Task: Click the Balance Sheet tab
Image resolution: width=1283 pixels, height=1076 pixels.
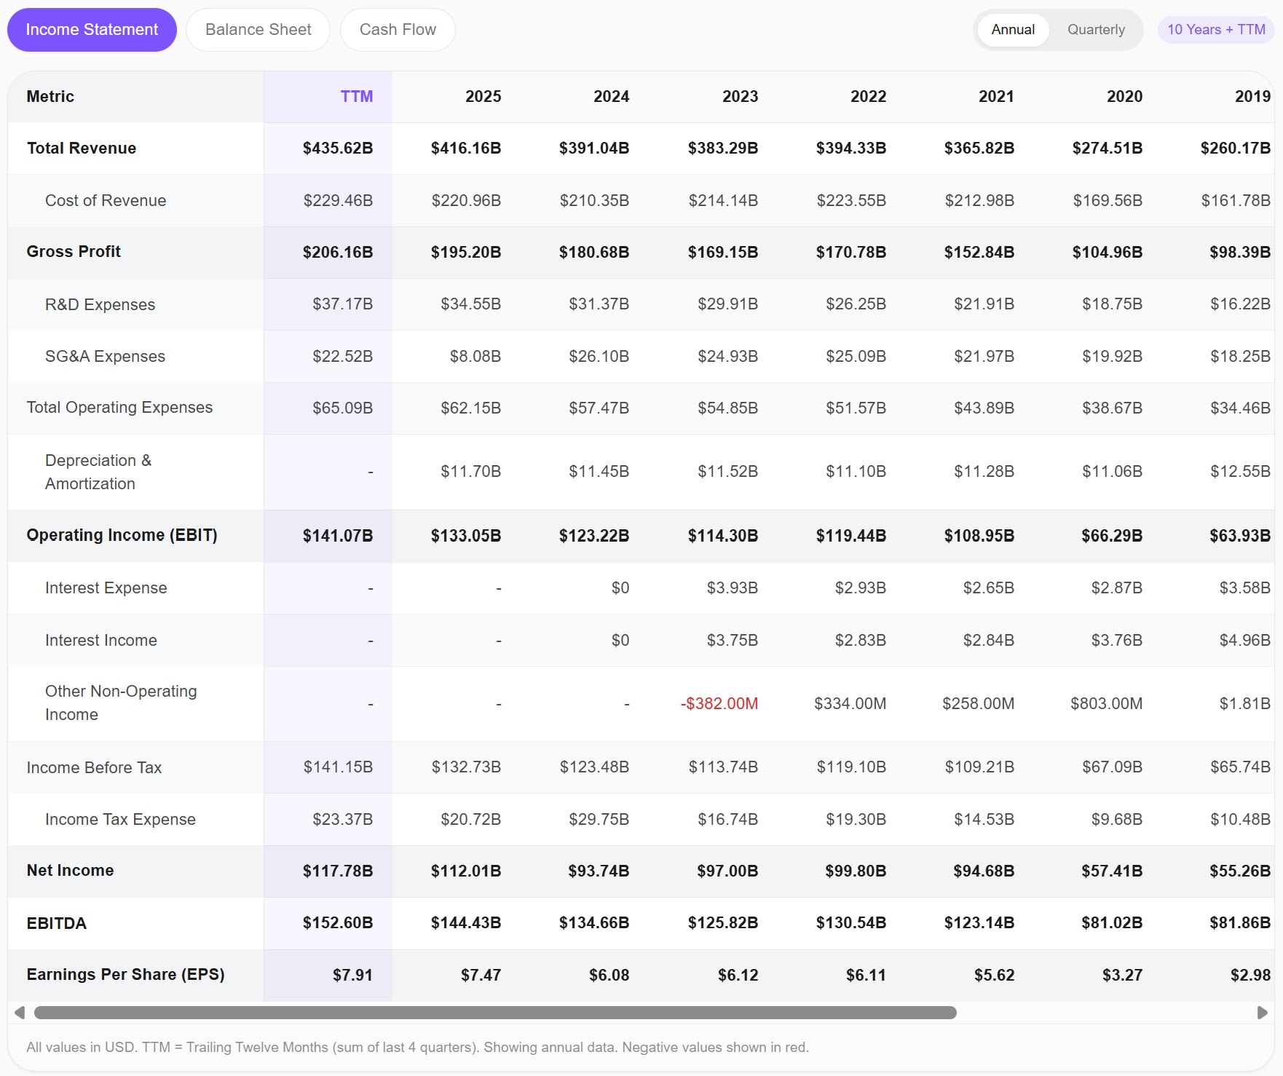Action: pos(258,30)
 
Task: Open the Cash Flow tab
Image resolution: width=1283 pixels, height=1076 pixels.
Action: pos(398,30)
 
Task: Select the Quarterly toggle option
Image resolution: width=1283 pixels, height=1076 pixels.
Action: pos(1095,30)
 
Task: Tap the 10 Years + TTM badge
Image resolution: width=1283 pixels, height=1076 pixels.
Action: pos(1215,30)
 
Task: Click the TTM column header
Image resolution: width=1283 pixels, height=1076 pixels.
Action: pos(356,97)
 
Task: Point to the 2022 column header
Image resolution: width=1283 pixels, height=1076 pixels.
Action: pos(868,97)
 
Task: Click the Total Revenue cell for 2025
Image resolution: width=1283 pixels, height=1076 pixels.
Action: pos(466,149)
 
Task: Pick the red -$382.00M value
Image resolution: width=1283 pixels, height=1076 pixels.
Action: pos(719,704)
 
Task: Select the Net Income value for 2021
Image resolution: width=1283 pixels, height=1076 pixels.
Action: pos(983,871)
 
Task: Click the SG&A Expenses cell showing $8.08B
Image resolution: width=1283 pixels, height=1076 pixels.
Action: pos(475,357)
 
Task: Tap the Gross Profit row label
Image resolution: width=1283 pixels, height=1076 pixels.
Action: pos(74,252)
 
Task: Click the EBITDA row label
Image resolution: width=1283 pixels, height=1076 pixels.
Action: pos(56,923)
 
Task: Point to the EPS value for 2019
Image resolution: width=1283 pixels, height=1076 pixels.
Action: pos(1250,975)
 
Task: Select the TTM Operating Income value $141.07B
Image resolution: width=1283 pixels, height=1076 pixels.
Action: pos(337,536)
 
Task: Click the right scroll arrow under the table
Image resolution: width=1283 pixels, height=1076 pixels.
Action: pos(1262,1013)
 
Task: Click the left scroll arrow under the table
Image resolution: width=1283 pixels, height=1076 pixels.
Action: pos(20,1013)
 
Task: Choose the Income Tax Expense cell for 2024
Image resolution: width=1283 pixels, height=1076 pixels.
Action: pos(599,820)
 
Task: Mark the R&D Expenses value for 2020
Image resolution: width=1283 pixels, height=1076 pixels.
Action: pos(1111,304)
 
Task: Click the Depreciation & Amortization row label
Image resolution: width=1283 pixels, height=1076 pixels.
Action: pos(98,472)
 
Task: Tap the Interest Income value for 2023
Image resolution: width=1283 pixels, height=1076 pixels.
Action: pos(732,641)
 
